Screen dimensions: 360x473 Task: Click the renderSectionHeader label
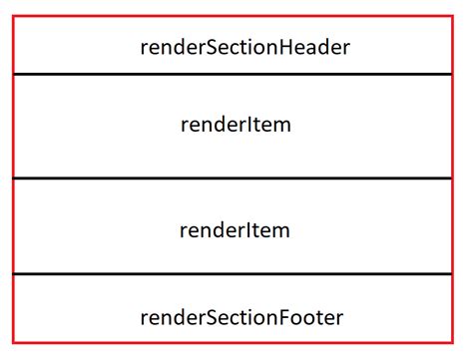point(244,46)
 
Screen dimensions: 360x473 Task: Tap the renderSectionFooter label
point(243,317)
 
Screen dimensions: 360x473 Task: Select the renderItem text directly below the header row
point(236,126)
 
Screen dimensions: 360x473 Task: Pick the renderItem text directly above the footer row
point(236,230)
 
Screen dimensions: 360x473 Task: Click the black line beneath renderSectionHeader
point(236,74)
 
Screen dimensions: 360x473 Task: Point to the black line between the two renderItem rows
point(236,179)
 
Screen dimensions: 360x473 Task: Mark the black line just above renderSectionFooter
point(236,274)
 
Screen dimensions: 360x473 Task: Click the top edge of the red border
point(236,16)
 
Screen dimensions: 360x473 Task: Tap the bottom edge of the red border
point(236,342)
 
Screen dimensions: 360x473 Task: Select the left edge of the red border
point(13,180)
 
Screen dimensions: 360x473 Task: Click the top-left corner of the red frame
point(13,16)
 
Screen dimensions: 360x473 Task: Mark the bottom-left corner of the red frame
point(13,342)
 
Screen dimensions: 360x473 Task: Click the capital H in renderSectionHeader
point(284,46)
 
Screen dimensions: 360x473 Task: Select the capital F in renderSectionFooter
point(285,317)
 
